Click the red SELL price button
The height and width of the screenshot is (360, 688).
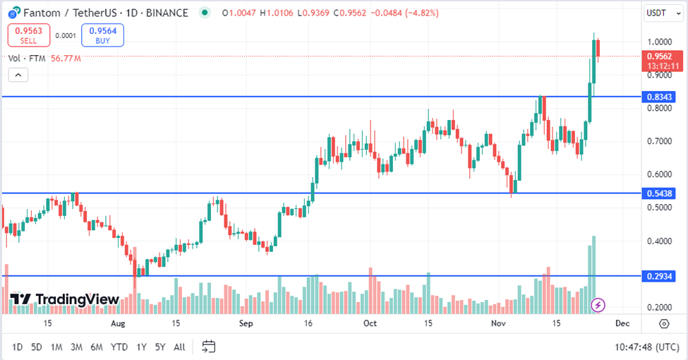[29, 35]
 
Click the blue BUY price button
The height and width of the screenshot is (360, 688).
[102, 35]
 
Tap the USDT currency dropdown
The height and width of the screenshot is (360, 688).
[661, 13]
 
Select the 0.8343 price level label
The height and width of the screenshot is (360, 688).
[659, 97]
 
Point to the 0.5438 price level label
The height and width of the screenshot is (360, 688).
[659, 193]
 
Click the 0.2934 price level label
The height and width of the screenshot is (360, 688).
[659, 276]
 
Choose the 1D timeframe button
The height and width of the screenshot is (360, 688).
[18, 347]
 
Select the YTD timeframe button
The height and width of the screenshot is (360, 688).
[119, 347]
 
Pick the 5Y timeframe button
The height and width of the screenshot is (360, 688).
[160, 347]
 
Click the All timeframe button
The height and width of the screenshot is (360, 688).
[180, 347]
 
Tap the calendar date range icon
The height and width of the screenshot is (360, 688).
[208, 347]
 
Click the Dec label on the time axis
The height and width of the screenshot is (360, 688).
[621, 323]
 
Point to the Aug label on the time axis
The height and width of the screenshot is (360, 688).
[117, 323]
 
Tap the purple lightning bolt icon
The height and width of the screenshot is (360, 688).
[598, 305]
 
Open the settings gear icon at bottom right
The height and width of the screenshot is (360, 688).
[664, 323]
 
